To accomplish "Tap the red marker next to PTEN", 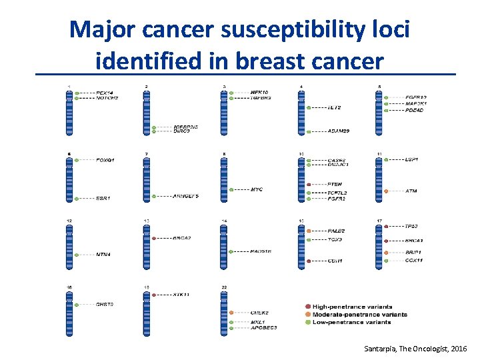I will tap(309, 184).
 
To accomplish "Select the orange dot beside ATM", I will tap(386, 191).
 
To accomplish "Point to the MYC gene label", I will tap(257, 190).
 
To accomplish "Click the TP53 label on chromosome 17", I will tap(411, 226).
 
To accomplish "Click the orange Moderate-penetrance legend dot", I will tap(308, 315).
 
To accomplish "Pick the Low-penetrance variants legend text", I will tap(352, 323).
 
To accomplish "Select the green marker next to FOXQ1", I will tap(77, 160).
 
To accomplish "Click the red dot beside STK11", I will tap(154, 293).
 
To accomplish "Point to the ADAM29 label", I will tap(338, 131).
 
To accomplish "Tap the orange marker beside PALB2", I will tap(309, 231).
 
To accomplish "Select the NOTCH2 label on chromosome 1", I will tap(107, 98).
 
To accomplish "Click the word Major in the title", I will tap(105, 29).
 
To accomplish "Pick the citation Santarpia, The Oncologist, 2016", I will tap(416, 349).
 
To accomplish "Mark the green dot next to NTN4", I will tap(77, 254).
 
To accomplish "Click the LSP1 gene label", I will tap(411, 160).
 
